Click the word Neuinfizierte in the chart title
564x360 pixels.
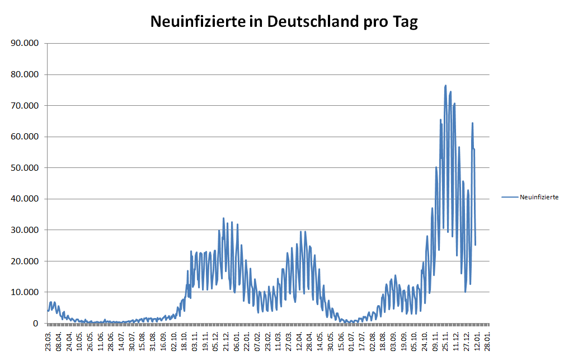198,22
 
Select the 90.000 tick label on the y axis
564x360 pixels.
26,43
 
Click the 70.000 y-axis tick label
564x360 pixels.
26,105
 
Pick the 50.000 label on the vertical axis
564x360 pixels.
26,167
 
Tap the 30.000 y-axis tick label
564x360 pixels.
26,230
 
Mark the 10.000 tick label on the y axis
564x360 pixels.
26,292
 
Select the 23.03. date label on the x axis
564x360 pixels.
49,339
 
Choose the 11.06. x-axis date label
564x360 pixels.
101,339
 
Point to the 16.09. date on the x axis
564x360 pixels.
163,339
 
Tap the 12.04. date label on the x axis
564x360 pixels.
299,339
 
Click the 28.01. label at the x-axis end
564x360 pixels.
488,339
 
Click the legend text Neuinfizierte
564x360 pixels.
539,197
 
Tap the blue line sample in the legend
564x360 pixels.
510,197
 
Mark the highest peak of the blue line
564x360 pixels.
445,86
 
